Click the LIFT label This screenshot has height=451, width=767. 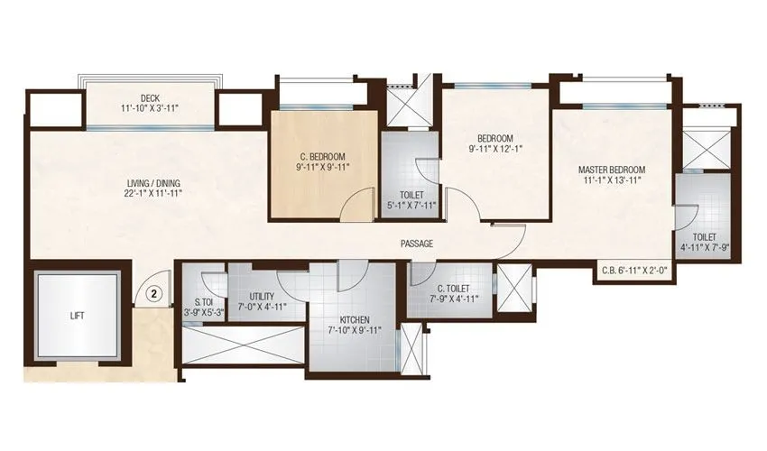pos(78,317)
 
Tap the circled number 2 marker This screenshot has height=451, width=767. pos(154,292)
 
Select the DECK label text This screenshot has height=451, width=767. pos(150,98)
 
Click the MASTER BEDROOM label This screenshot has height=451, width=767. pos(612,170)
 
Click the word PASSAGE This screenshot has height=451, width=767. pos(418,244)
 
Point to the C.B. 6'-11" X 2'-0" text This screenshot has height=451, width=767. pos(635,270)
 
